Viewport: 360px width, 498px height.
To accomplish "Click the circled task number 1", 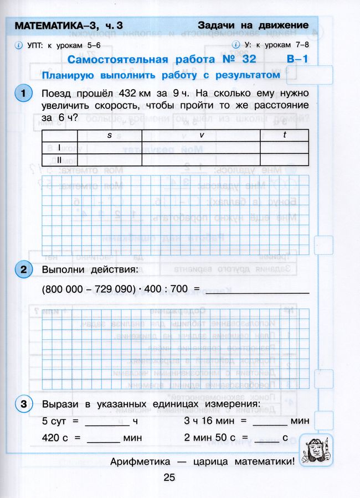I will pos(23,94).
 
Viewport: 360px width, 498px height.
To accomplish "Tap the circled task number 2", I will pos(23,270).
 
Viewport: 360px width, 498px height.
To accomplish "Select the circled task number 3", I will pos(23,404).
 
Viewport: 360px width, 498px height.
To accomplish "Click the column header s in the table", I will pos(109,136).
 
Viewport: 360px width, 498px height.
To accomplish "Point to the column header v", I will pos(200,136).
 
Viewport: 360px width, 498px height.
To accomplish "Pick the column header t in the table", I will pos(284,136).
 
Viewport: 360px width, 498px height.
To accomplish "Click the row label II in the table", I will pos(59,159).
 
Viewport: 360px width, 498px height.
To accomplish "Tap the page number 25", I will pos(169,477).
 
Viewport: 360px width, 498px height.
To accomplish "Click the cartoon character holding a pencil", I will pos(314,450).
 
